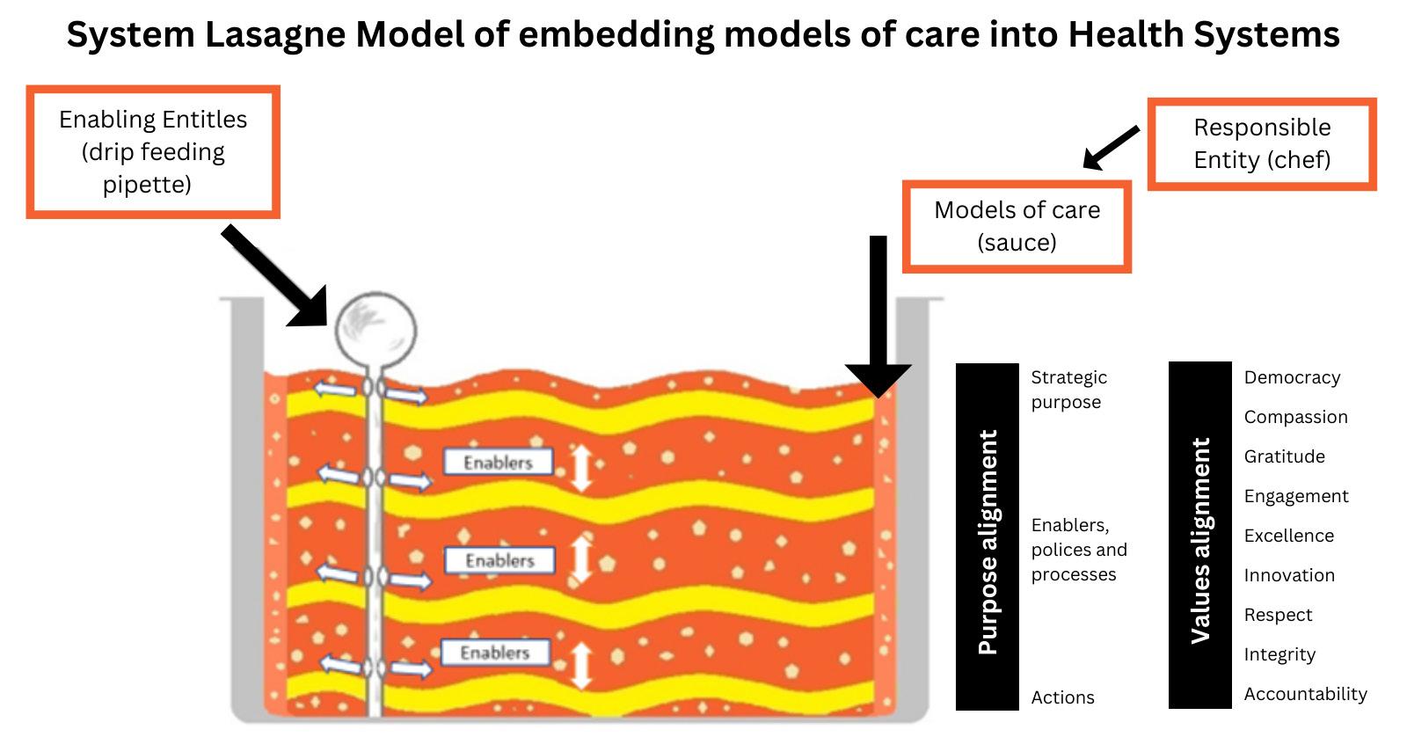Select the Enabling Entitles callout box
pyautogui.click(x=153, y=152)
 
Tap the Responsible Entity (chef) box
pyautogui.click(x=1262, y=144)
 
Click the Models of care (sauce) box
pyautogui.click(x=1017, y=227)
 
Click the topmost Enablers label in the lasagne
pyautogui.click(x=498, y=463)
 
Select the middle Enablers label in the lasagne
pyautogui.click(x=500, y=560)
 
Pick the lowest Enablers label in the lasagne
pyautogui.click(x=496, y=653)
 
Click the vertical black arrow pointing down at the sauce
pyautogui.click(x=878, y=317)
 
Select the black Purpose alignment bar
pyautogui.click(x=988, y=536)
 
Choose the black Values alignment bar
pyautogui.click(x=1199, y=536)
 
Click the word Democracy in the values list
pyautogui.click(x=1292, y=377)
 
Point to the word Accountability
pyautogui.click(x=1305, y=694)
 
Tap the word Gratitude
pyautogui.click(x=1285, y=456)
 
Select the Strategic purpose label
pyautogui.click(x=1069, y=390)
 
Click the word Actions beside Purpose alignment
pyautogui.click(x=1063, y=697)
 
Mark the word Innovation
pyautogui.click(x=1289, y=575)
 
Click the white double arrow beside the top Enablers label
pyautogui.click(x=581, y=468)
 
